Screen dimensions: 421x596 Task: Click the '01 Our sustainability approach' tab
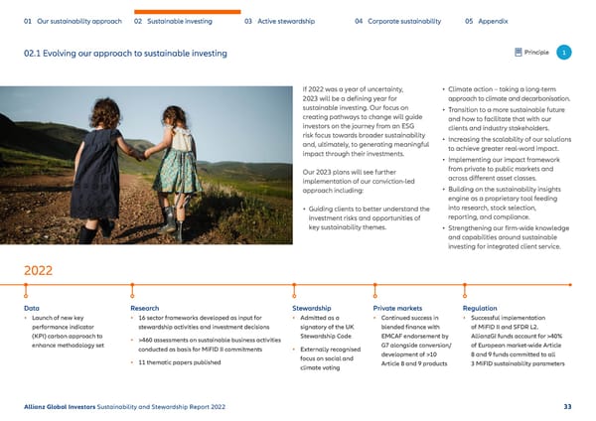pyautogui.click(x=73, y=20)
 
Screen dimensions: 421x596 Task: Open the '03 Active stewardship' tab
pyautogui.click(x=280, y=20)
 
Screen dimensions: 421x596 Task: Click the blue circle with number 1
pyautogui.click(x=563, y=52)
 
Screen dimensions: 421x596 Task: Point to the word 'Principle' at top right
pyautogui.click(x=537, y=52)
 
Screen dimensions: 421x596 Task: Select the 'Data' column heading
pyautogui.click(x=32, y=309)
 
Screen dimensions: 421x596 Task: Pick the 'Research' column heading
pyautogui.click(x=145, y=309)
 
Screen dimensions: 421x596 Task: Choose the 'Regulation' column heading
pyautogui.click(x=481, y=309)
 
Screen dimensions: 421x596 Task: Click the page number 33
pyautogui.click(x=567, y=405)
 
